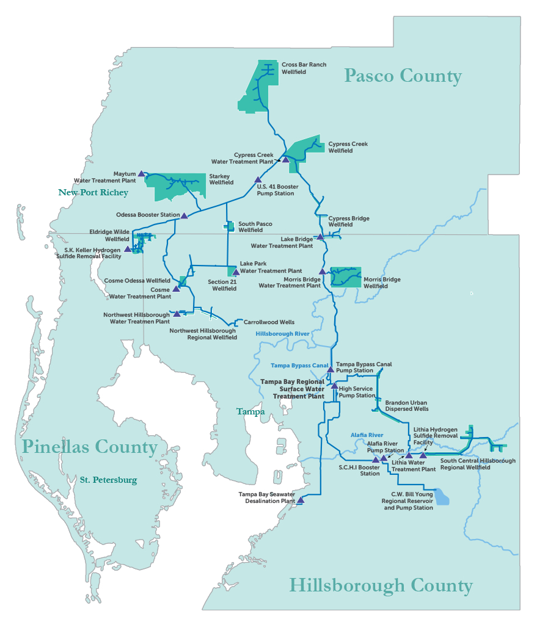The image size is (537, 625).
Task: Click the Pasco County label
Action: [403, 76]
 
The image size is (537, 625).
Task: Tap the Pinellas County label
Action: [90, 447]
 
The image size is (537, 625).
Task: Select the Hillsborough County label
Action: [381, 586]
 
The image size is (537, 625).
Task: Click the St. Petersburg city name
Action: [108, 480]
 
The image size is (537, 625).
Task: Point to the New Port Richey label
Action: [93, 193]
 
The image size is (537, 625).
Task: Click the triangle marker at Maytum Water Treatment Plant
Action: [141, 173]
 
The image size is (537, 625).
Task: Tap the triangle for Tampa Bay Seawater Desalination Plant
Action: [300, 500]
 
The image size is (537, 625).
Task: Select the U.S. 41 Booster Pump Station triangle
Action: [258, 179]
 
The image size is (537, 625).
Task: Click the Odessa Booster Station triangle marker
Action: [184, 215]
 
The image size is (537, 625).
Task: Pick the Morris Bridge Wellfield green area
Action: [346, 277]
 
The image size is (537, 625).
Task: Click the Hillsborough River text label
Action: [282, 334]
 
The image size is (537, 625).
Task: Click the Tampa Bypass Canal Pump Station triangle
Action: [331, 369]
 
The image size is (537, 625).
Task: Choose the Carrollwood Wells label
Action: [269, 322]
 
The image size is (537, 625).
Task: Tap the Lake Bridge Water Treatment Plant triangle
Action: [320, 236]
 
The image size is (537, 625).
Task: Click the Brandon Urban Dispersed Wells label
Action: [406, 406]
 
